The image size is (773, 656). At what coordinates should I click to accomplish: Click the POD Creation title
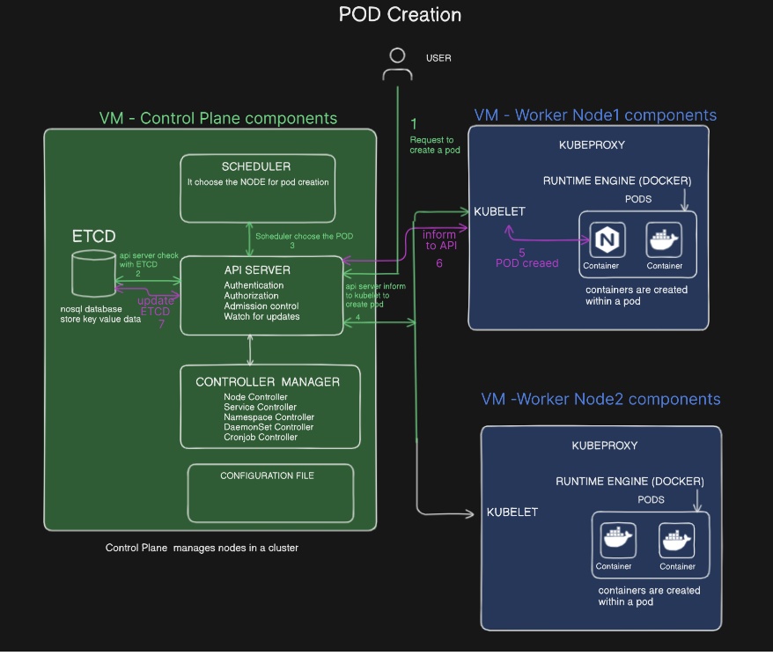pos(400,15)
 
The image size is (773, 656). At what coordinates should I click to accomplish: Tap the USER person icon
pos(397,64)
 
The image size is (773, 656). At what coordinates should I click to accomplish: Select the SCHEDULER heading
pos(256,166)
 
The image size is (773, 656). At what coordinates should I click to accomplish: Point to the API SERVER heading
pos(257,269)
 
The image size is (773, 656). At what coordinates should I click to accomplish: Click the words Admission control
pos(260,306)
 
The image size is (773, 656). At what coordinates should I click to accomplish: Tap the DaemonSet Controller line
pos(261,427)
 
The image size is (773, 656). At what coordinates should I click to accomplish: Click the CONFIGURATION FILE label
pos(267,475)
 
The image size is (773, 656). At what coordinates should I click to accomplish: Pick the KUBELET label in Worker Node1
pos(499,212)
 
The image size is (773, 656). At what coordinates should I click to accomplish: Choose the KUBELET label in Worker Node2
pos(512,512)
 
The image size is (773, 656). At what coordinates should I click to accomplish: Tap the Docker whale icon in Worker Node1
pos(665,240)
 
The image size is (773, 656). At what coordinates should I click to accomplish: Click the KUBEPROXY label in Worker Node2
pos(604,446)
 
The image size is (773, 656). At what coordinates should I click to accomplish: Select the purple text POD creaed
pos(526,262)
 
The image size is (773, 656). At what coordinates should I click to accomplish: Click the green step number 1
pos(414,124)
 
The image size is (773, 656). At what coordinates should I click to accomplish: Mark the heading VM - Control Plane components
pos(217,118)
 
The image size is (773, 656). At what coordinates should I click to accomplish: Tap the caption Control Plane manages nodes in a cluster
pos(202,548)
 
